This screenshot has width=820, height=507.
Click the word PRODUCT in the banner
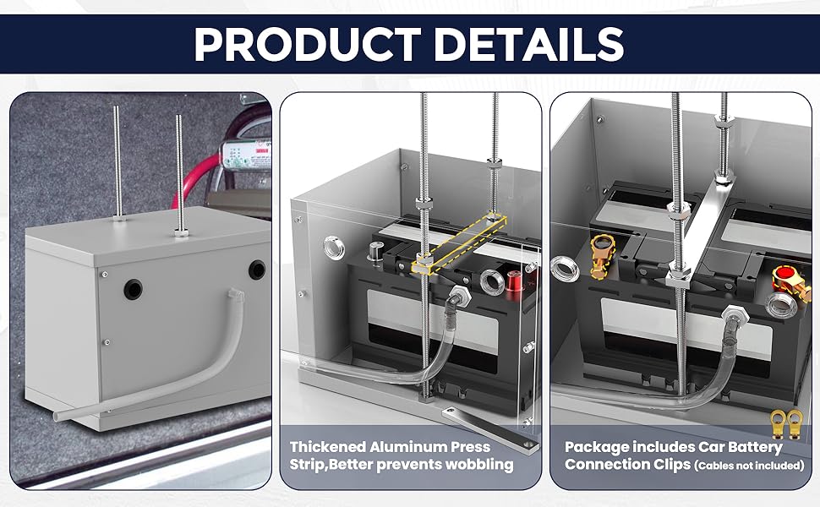(x=308, y=44)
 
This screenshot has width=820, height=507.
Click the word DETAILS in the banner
(x=528, y=44)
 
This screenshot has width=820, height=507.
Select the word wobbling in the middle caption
(x=478, y=464)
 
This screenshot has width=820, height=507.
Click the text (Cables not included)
(x=749, y=466)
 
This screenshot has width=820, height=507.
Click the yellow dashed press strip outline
(x=460, y=243)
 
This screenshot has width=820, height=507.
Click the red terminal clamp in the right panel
(x=790, y=281)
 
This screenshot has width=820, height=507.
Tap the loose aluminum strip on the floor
(x=489, y=428)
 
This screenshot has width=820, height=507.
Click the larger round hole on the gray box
(x=133, y=290)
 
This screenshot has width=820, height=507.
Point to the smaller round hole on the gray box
(x=257, y=270)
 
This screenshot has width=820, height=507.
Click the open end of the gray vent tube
(x=57, y=417)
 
